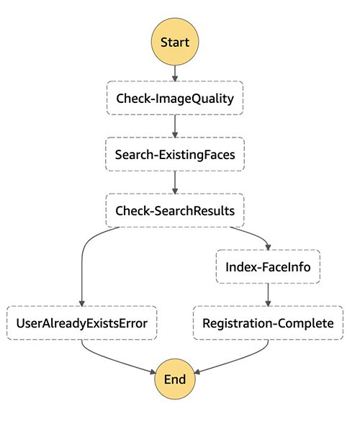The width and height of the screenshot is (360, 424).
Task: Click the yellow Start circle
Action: click(x=175, y=42)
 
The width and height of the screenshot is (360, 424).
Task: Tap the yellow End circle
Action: click(x=175, y=379)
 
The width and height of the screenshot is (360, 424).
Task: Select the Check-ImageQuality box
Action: click(x=175, y=98)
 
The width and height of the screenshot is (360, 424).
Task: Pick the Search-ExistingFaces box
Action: click(x=175, y=154)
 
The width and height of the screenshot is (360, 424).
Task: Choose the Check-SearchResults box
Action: click(x=175, y=210)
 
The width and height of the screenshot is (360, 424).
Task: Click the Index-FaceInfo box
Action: click(x=268, y=266)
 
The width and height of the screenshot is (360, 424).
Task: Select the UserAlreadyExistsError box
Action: click(x=81, y=323)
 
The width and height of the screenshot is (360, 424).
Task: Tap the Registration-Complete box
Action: click(x=268, y=323)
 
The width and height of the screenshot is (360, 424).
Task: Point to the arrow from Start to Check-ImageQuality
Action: click(x=175, y=73)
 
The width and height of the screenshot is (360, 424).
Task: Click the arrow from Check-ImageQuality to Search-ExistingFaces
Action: click(x=175, y=126)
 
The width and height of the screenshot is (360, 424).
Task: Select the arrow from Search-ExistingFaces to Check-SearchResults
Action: click(x=175, y=183)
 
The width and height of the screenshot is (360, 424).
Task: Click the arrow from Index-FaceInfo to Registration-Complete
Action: click(x=268, y=295)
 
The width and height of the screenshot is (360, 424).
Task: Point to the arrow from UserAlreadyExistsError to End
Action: click(x=111, y=362)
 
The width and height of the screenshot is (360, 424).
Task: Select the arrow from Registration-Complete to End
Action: click(x=240, y=361)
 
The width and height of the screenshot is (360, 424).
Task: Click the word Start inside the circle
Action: click(x=175, y=42)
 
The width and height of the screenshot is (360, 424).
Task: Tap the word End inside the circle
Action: click(x=175, y=379)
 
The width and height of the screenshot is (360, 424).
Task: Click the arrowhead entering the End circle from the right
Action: click(x=197, y=372)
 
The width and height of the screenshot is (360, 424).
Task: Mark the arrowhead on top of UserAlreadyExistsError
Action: click(x=81, y=303)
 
